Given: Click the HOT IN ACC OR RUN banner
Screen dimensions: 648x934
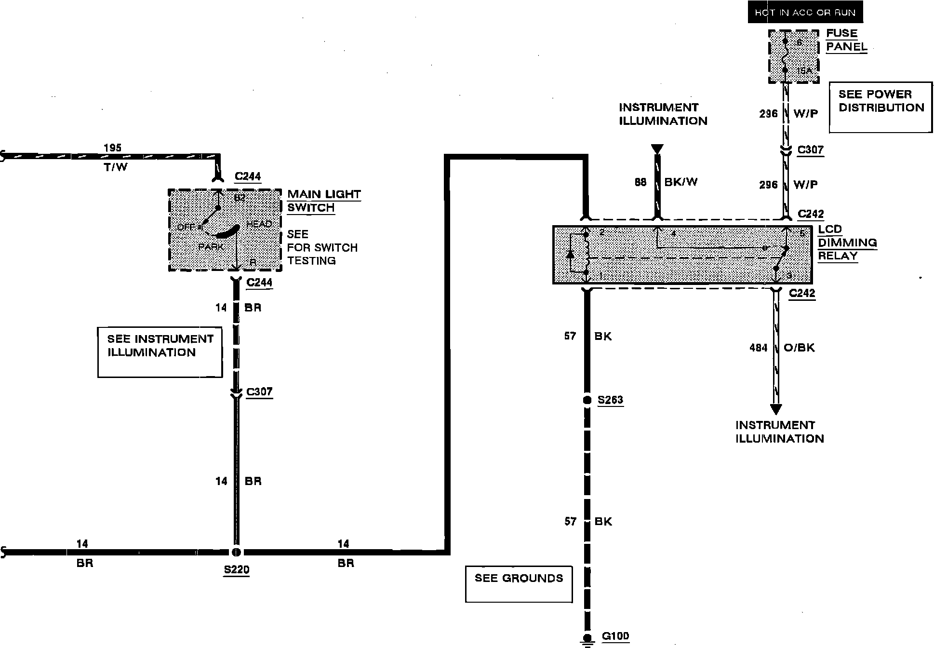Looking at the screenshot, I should [x=805, y=13].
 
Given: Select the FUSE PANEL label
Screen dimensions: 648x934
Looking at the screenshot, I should [x=846, y=40].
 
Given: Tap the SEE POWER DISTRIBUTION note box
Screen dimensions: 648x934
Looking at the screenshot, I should [x=881, y=107].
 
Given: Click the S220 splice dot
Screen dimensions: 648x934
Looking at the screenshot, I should [x=236, y=552].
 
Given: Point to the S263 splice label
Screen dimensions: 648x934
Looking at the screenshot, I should [x=610, y=400].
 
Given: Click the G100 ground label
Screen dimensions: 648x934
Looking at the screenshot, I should [x=615, y=636].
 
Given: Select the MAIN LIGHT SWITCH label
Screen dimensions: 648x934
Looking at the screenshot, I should [x=324, y=201].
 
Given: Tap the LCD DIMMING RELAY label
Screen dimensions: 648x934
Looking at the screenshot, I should [x=847, y=243].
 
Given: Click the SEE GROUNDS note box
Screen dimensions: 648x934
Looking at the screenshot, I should [x=519, y=584].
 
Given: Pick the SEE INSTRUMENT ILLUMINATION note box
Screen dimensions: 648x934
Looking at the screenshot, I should [x=160, y=352].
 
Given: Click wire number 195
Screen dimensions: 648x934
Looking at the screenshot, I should [x=113, y=148].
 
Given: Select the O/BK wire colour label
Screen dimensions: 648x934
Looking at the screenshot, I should [x=799, y=348].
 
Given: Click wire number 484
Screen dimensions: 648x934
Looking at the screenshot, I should [x=758, y=348].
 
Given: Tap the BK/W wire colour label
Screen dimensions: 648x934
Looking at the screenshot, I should [x=681, y=182].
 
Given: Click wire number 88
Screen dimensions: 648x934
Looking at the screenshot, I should [x=640, y=182].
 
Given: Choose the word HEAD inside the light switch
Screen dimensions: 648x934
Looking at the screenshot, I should [x=259, y=224].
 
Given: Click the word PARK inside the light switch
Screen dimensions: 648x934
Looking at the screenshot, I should [x=211, y=247].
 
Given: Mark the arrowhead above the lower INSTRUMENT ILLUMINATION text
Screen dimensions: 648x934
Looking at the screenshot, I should [x=775, y=409].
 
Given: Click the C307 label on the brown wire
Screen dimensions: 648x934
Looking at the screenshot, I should [x=259, y=392].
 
